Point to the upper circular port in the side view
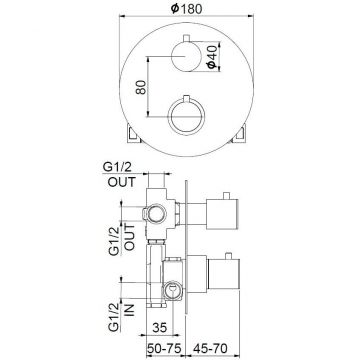pyautogui.click(x=156, y=212)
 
